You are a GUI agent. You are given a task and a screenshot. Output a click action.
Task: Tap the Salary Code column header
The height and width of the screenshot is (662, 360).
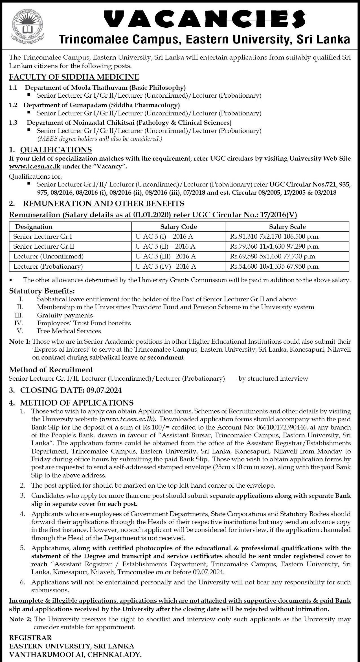pyautogui.click(x=178, y=227)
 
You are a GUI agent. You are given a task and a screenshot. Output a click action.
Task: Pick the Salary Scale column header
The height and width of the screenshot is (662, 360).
pyautogui.click(x=287, y=227)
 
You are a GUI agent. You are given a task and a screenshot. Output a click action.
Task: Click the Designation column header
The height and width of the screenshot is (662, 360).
pyautogui.click(x=34, y=227)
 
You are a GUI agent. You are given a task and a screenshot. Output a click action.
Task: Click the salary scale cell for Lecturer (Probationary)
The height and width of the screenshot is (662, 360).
pyautogui.click(x=274, y=266)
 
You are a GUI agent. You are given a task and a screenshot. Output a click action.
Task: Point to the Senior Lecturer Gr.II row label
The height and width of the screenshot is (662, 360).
pyautogui.click(x=44, y=246)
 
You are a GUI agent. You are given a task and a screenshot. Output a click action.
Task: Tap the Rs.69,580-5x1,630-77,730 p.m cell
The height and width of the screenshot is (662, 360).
pyautogui.click(x=273, y=256)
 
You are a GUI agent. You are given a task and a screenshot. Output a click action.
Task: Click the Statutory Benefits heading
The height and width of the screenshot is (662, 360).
pyautogui.click(x=42, y=290)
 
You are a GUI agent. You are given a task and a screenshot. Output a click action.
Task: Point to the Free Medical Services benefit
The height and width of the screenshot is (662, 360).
pyautogui.click(x=69, y=331)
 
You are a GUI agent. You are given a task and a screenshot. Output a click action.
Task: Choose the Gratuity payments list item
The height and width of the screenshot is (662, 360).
pyautogui.click(x=65, y=315)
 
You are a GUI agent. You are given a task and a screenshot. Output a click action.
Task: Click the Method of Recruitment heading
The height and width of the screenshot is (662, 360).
pyautogui.click(x=51, y=369)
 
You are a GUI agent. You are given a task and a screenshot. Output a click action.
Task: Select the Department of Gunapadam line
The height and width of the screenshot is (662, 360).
pyautogui.click(x=101, y=105)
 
